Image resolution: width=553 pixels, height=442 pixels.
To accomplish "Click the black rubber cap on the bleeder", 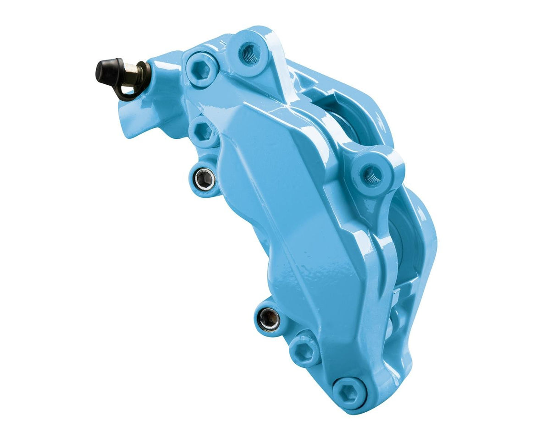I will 107,71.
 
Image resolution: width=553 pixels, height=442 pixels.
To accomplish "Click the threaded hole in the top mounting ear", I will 250,54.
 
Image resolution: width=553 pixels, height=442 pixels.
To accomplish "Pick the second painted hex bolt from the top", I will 203,132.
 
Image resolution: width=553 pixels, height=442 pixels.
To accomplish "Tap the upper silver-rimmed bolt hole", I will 204,178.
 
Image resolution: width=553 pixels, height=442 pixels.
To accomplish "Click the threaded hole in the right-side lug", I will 372,174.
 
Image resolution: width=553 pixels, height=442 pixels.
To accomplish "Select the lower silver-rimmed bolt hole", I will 269,319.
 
